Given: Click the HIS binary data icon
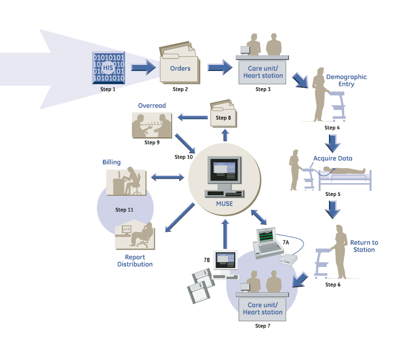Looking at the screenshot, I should (108, 68).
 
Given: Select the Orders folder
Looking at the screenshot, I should (179, 68).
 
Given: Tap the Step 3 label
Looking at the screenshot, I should (262, 89).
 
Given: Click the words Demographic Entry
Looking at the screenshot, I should (346, 80).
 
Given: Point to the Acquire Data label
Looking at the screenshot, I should (333, 158).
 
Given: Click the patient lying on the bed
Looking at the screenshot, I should (344, 171).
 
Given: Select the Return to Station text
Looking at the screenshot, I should (364, 246).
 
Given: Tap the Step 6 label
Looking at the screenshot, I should (332, 284).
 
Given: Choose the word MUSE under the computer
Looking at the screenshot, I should (224, 203).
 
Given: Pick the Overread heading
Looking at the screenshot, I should (152, 105).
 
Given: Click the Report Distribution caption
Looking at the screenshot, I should (135, 261).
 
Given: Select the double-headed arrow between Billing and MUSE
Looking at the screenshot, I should (168, 178).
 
